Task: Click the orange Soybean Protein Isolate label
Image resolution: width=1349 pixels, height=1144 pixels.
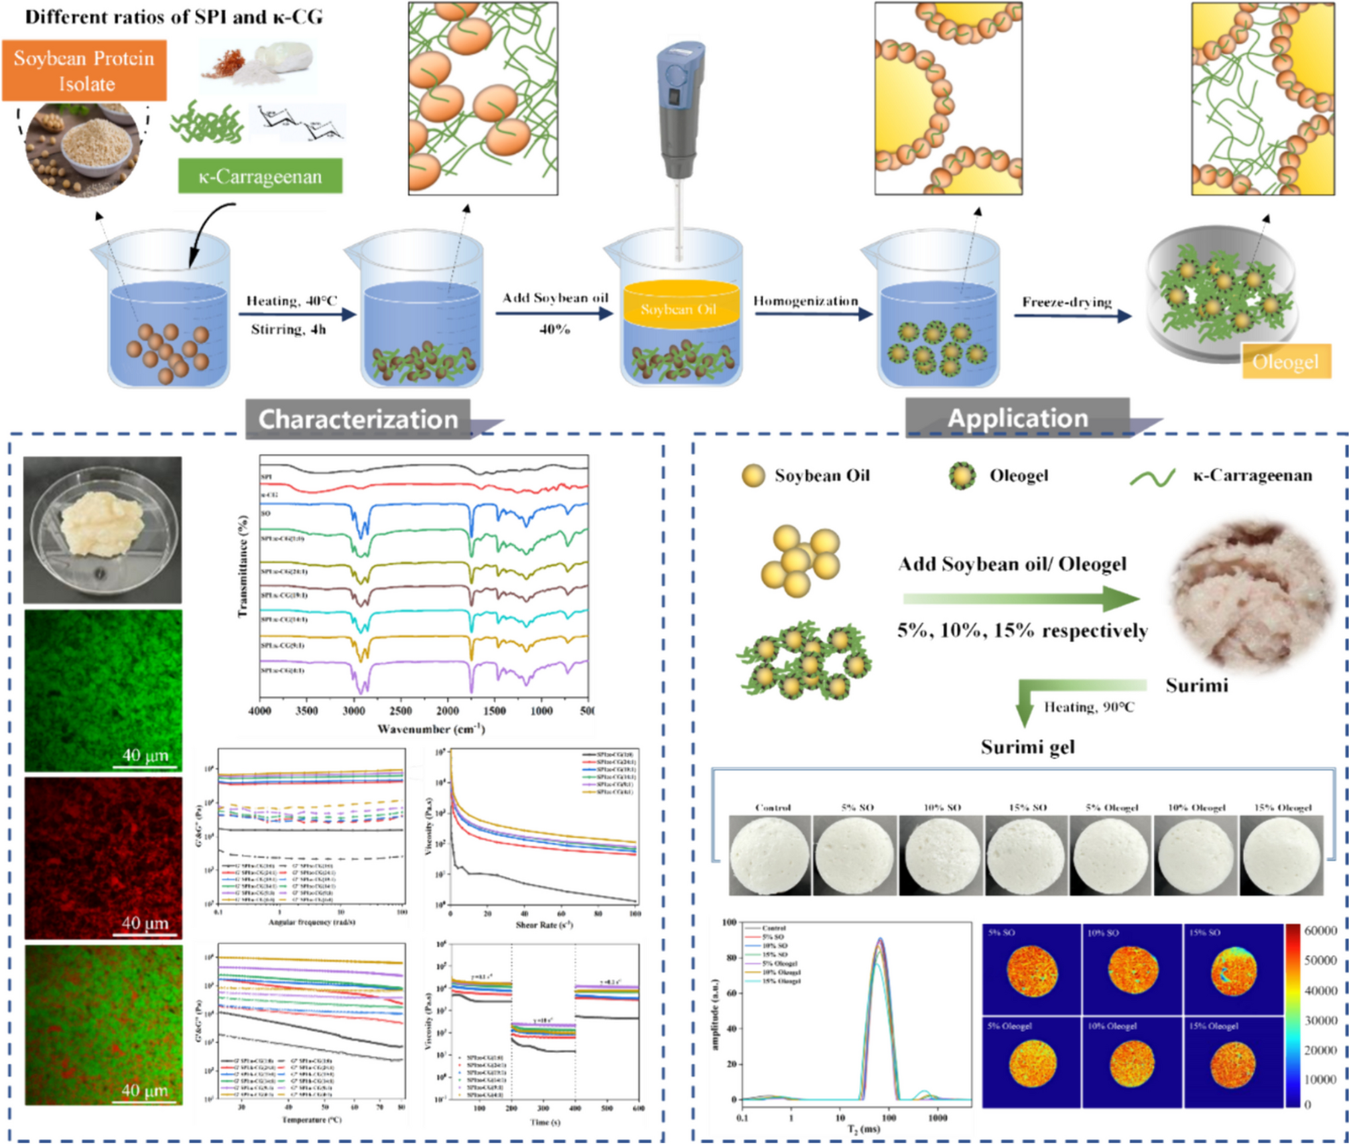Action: (x=84, y=70)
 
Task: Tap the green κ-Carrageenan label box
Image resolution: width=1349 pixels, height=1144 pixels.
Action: (x=260, y=176)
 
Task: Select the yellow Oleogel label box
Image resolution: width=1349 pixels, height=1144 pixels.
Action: (x=1285, y=362)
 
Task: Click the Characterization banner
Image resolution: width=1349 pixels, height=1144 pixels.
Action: (x=358, y=419)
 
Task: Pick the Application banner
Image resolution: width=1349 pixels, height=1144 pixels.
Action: (x=1017, y=418)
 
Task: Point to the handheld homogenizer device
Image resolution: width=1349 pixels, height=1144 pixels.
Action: (x=680, y=113)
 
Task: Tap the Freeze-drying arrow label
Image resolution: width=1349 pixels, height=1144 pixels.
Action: (x=1066, y=302)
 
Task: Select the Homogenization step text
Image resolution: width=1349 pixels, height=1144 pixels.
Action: (x=805, y=301)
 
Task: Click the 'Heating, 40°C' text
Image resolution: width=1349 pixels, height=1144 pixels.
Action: (x=292, y=301)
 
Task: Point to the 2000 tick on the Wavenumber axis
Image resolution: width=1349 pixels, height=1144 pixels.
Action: (x=447, y=711)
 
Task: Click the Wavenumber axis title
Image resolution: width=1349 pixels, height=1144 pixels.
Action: (x=431, y=729)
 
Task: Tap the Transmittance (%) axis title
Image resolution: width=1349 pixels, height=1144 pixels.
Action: (x=243, y=567)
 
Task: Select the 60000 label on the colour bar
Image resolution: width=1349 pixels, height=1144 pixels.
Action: (x=1320, y=931)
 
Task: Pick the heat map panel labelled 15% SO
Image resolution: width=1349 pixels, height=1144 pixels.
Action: (x=1232, y=969)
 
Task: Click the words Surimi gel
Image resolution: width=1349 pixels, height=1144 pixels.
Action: (x=1027, y=747)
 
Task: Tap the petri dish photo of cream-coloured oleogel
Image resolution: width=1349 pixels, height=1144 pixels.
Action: (x=103, y=530)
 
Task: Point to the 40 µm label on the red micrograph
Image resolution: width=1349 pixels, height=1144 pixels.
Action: (x=145, y=923)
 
